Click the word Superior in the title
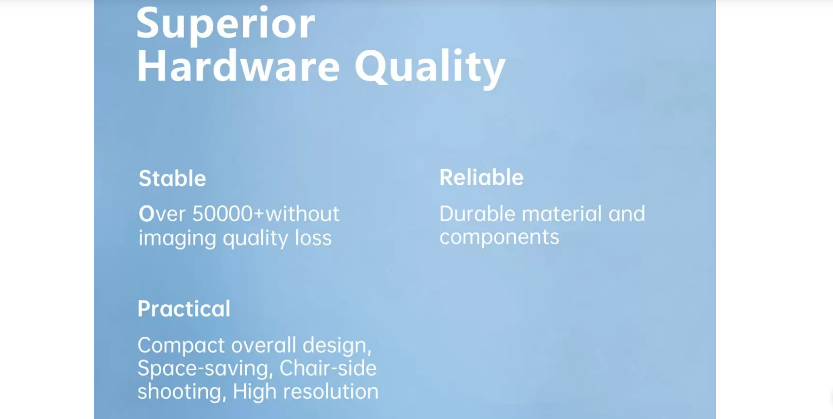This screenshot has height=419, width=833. click(226, 25)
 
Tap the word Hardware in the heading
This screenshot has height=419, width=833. click(238, 66)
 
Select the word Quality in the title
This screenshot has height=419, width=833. click(430, 69)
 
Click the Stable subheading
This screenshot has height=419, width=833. click(172, 178)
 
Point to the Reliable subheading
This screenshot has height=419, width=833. click(482, 177)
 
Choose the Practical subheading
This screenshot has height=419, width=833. click(184, 309)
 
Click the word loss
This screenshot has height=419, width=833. click(313, 238)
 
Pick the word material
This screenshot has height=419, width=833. click(562, 214)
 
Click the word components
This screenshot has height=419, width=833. click(499, 238)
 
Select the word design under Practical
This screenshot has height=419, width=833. click(337, 346)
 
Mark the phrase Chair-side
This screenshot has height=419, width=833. click(328, 369)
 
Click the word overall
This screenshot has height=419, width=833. click(264, 346)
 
